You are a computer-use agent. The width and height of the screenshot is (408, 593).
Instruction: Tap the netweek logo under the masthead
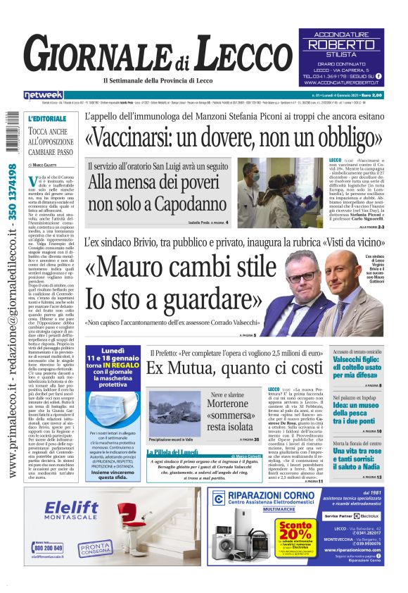[x=44, y=94]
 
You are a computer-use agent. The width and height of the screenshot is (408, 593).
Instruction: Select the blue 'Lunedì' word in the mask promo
[x=93, y=349]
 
